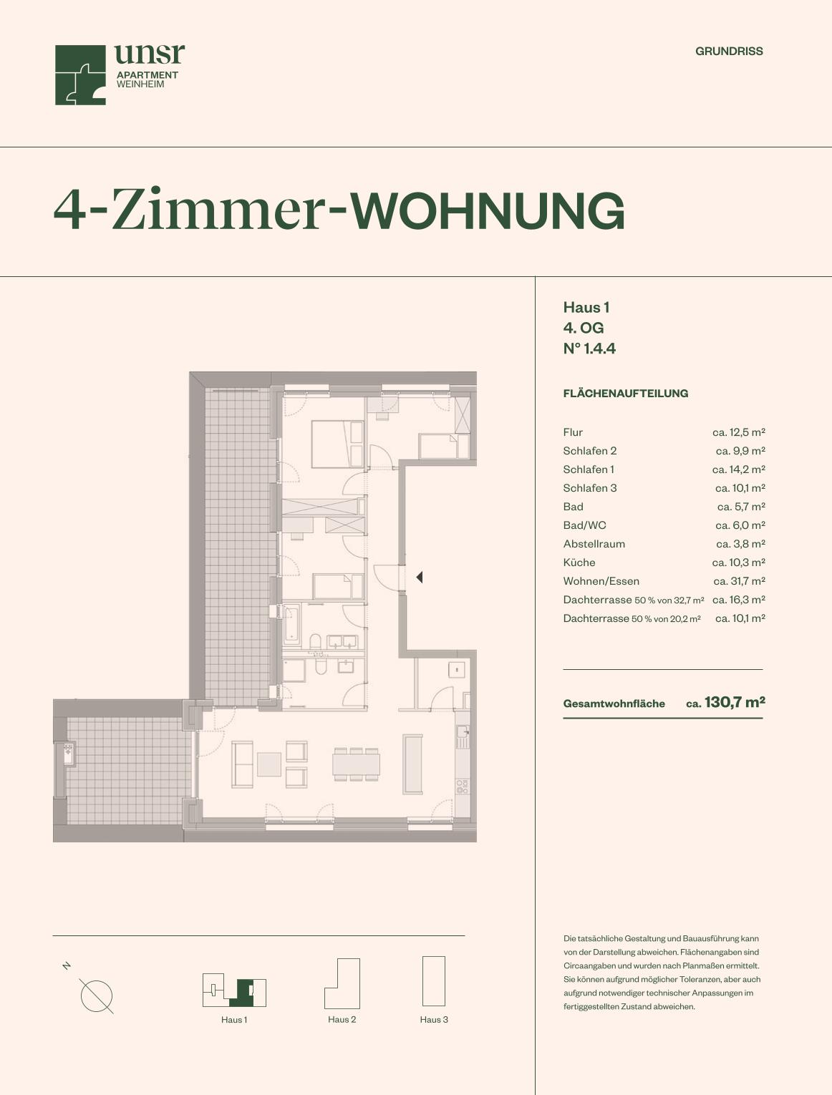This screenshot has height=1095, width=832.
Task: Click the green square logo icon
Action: pyautogui.click(x=80, y=75)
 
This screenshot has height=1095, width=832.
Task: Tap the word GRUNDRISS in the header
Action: pyautogui.click(x=729, y=52)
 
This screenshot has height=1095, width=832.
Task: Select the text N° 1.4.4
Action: pyautogui.click(x=589, y=349)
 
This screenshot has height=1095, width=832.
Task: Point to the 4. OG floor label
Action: pyautogui.click(x=584, y=328)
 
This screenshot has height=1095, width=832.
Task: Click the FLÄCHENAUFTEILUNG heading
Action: pyautogui.click(x=625, y=393)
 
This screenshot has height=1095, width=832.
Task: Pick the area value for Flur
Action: pyautogui.click(x=739, y=432)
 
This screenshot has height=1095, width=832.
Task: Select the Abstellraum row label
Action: pyautogui.click(x=594, y=544)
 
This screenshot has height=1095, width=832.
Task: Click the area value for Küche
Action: pyautogui.click(x=739, y=563)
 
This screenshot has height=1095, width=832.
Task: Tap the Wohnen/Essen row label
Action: pyautogui.click(x=601, y=581)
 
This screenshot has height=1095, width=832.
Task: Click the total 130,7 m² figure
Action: pyautogui.click(x=735, y=702)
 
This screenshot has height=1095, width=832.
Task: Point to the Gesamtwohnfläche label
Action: pyautogui.click(x=614, y=704)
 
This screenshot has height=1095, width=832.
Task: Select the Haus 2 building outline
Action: pyautogui.click(x=342, y=983)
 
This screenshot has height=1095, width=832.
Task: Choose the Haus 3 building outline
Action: pyautogui.click(x=434, y=980)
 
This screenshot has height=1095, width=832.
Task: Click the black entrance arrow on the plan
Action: pyautogui.click(x=420, y=577)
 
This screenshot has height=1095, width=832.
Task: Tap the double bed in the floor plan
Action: pyautogui.click(x=337, y=444)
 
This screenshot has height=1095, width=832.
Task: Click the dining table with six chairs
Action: pyautogui.click(x=356, y=764)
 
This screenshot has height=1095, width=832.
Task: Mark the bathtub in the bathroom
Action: pyautogui.click(x=291, y=625)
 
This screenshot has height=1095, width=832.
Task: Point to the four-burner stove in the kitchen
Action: pyautogui.click(x=462, y=787)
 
